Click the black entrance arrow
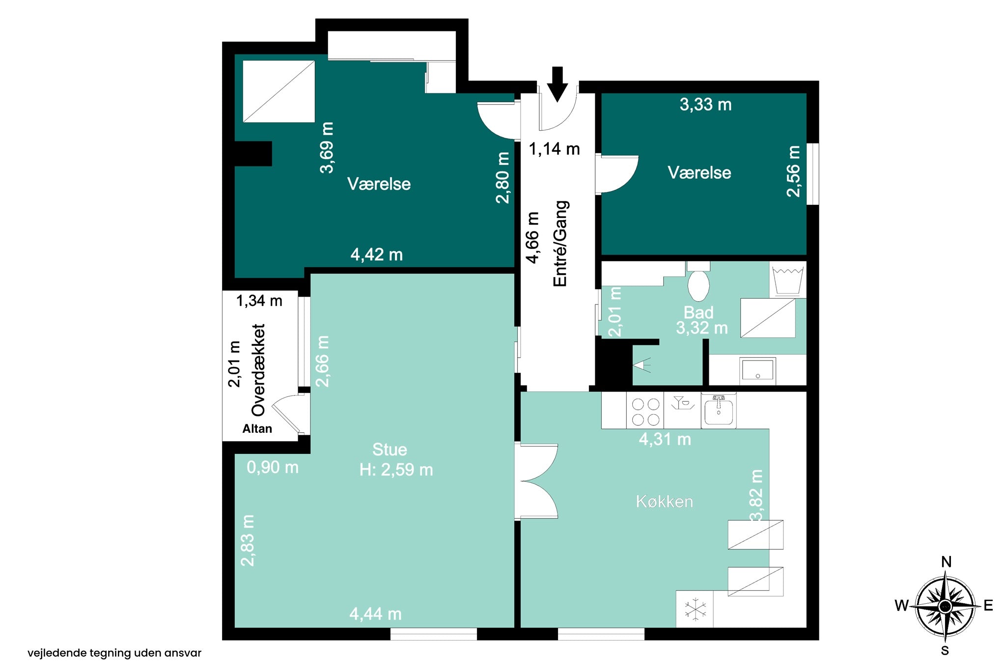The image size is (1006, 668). click(557, 84)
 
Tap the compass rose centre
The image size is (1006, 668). click(945, 607)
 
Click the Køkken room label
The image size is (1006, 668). click(664, 501)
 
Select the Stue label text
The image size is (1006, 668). click(390, 449)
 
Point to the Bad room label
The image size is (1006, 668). click(699, 312)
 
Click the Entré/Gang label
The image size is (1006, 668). click(560, 244)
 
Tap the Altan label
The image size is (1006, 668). click(257, 429)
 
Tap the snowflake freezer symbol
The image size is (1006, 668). click(696, 610)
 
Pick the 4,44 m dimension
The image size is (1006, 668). click(375, 614)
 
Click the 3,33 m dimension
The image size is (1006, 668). click(705, 105)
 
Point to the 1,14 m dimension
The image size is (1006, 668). click(554, 149)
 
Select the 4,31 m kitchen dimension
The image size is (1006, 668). click(665, 439)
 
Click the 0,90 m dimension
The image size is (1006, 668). click(273, 467)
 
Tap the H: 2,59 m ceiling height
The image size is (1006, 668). click(396, 470)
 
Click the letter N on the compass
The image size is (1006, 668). click(946, 562)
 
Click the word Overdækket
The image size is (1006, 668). click(258, 370)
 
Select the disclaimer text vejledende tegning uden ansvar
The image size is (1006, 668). click(114, 653)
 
